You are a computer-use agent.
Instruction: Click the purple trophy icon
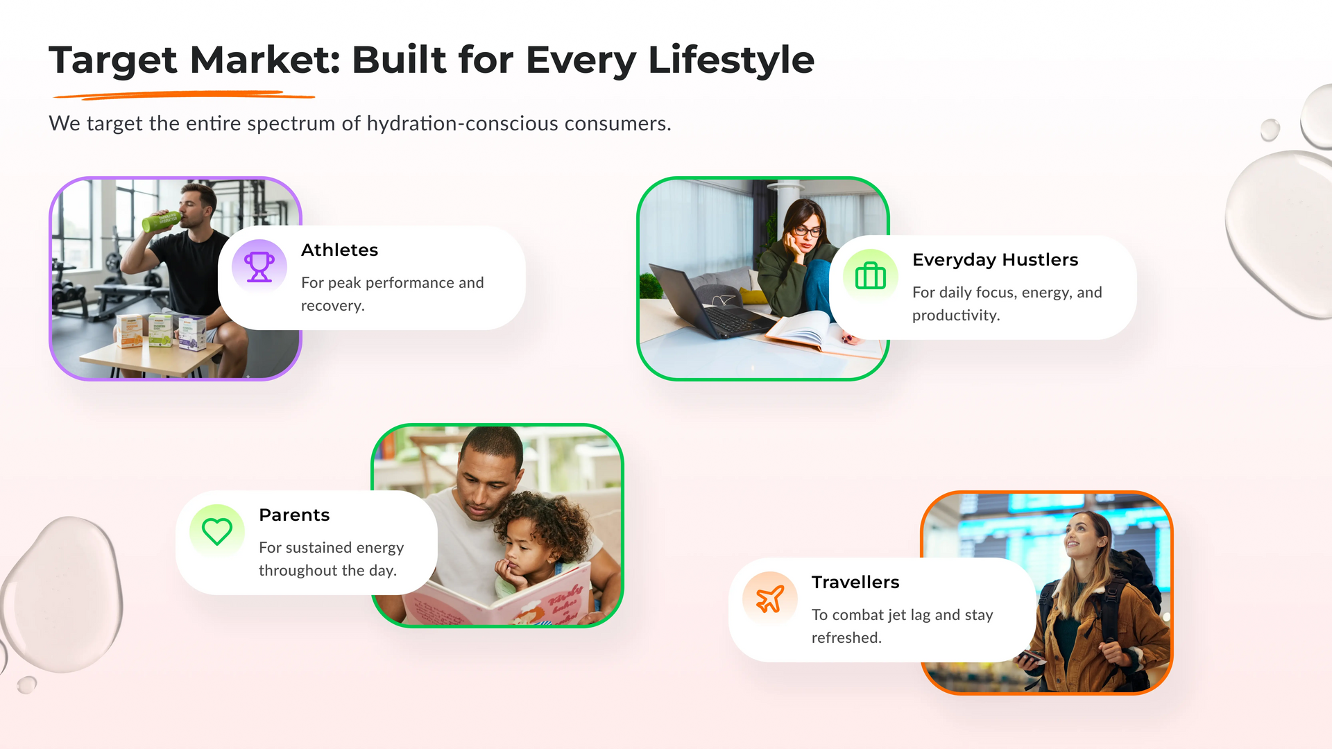coord(259,267)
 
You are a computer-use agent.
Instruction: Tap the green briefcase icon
coord(871,276)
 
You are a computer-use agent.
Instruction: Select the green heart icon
coord(217,532)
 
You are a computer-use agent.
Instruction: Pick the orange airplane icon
coord(770,599)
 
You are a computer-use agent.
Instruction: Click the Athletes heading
coord(339,250)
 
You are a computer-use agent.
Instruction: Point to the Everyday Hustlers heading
coord(995,260)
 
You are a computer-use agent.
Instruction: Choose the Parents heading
coord(294,515)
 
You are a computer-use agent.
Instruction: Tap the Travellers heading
coord(855,582)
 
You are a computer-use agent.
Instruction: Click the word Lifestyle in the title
coord(731,60)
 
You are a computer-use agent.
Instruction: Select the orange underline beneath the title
coord(184,94)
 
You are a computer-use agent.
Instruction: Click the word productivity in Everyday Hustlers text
coord(956,316)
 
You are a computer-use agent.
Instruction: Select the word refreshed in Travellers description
coord(846,637)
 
